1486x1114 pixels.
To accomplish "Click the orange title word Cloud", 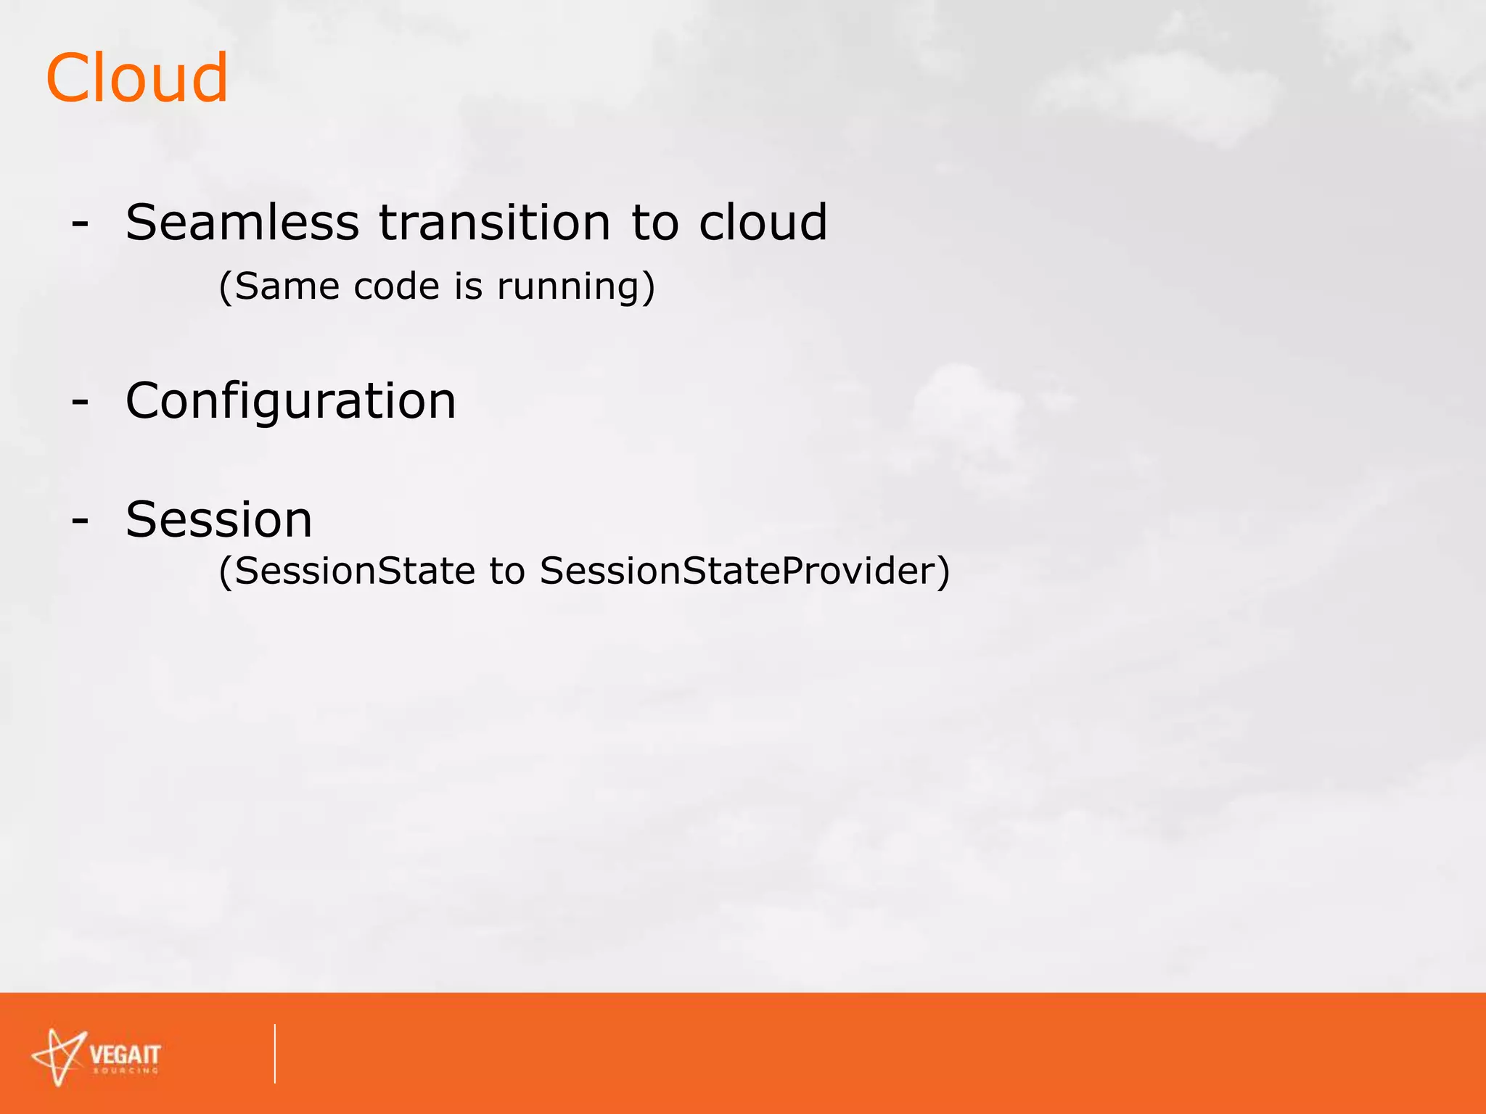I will click(x=136, y=78).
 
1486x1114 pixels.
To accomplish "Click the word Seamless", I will click(x=242, y=222).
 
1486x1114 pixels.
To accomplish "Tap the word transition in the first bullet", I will click(x=495, y=222).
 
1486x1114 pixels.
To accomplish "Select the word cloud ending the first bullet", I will click(x=763, y=222).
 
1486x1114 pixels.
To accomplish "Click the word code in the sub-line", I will click(x=397, y=286).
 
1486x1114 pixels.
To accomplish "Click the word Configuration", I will click(x=290, y=401).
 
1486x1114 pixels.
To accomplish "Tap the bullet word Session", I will click(x=218, y=520).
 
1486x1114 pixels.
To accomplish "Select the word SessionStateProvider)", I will click(x=744, y=571).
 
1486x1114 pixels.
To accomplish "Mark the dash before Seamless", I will click(x=80, y=224).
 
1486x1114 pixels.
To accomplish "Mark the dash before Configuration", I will click(x=80, y=402).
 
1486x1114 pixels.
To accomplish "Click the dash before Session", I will click(x=80, y=521).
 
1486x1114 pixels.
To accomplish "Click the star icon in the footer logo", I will click(x=59, y=1057).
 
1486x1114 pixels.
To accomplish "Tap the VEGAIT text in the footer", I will click(x=125, y=1054).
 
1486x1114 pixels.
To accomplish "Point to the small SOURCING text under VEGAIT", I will click(x=125, y=1070).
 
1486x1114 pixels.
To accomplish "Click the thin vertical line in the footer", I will click(x=275, y=1053).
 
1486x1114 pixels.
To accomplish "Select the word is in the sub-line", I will click(x=468, y=286).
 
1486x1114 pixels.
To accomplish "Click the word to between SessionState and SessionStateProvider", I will click(x=506, y=571).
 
